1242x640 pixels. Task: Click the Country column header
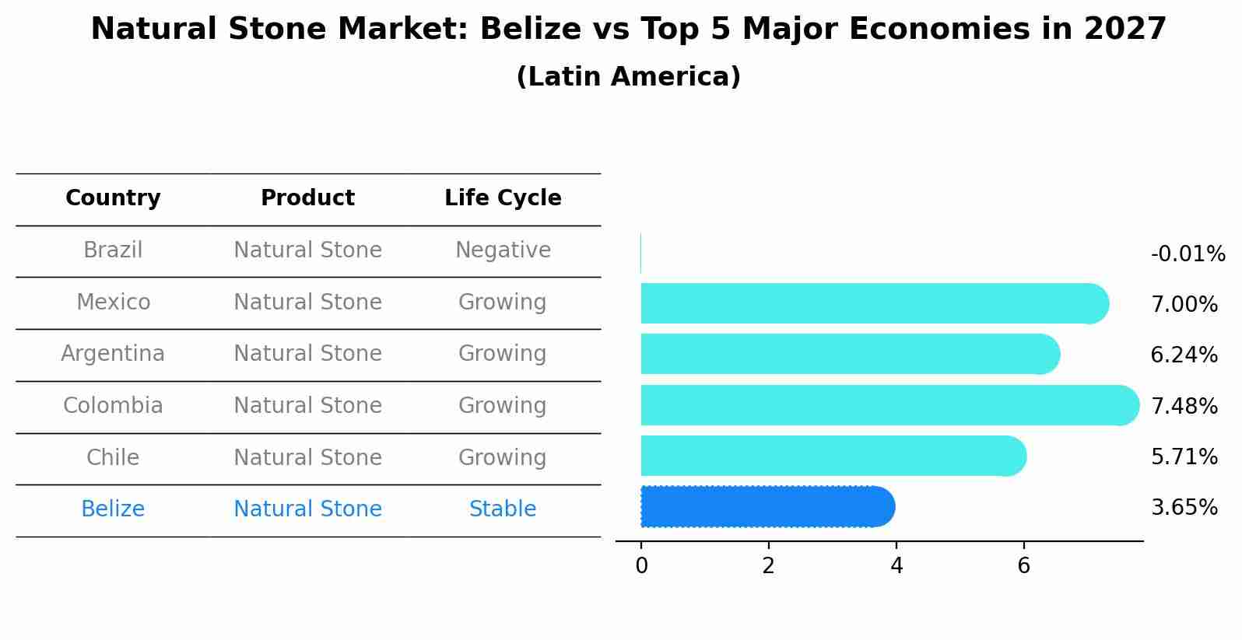113,198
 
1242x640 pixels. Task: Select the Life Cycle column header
503,198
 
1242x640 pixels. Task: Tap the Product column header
307,198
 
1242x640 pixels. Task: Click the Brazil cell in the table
113,250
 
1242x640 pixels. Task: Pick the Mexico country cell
113,302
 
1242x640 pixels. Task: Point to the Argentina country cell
113,354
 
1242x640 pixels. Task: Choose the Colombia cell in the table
113,406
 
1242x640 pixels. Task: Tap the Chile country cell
113,457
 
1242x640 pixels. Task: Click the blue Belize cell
113,509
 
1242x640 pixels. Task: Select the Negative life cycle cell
503,250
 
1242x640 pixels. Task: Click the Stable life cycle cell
503,509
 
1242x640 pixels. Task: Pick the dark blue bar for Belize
767,506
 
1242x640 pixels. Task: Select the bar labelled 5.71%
833,456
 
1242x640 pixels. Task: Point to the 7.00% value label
1184,305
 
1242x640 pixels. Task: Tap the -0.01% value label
1188,254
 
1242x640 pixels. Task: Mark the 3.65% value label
1184,508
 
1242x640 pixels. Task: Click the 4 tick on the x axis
896,566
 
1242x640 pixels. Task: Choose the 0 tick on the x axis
641,566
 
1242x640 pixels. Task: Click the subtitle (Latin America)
628,77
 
